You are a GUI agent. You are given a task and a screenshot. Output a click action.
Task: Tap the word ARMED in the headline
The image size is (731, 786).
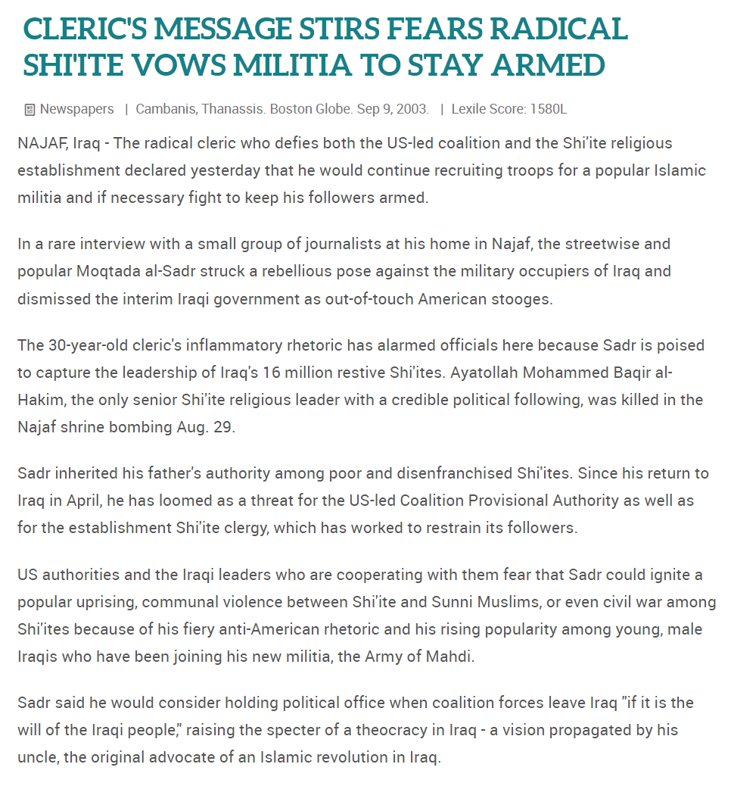[x=549, y=66]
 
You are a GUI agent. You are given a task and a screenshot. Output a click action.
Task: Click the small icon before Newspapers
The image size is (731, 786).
[x=30, y=110]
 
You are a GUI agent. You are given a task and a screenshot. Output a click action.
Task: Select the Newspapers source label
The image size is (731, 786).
[x=76, y=109]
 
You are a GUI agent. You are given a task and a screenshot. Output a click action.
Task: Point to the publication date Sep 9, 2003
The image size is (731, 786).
[x=393, y=109]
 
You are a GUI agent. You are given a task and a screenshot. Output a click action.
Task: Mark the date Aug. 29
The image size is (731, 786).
[x=206, y=427]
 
